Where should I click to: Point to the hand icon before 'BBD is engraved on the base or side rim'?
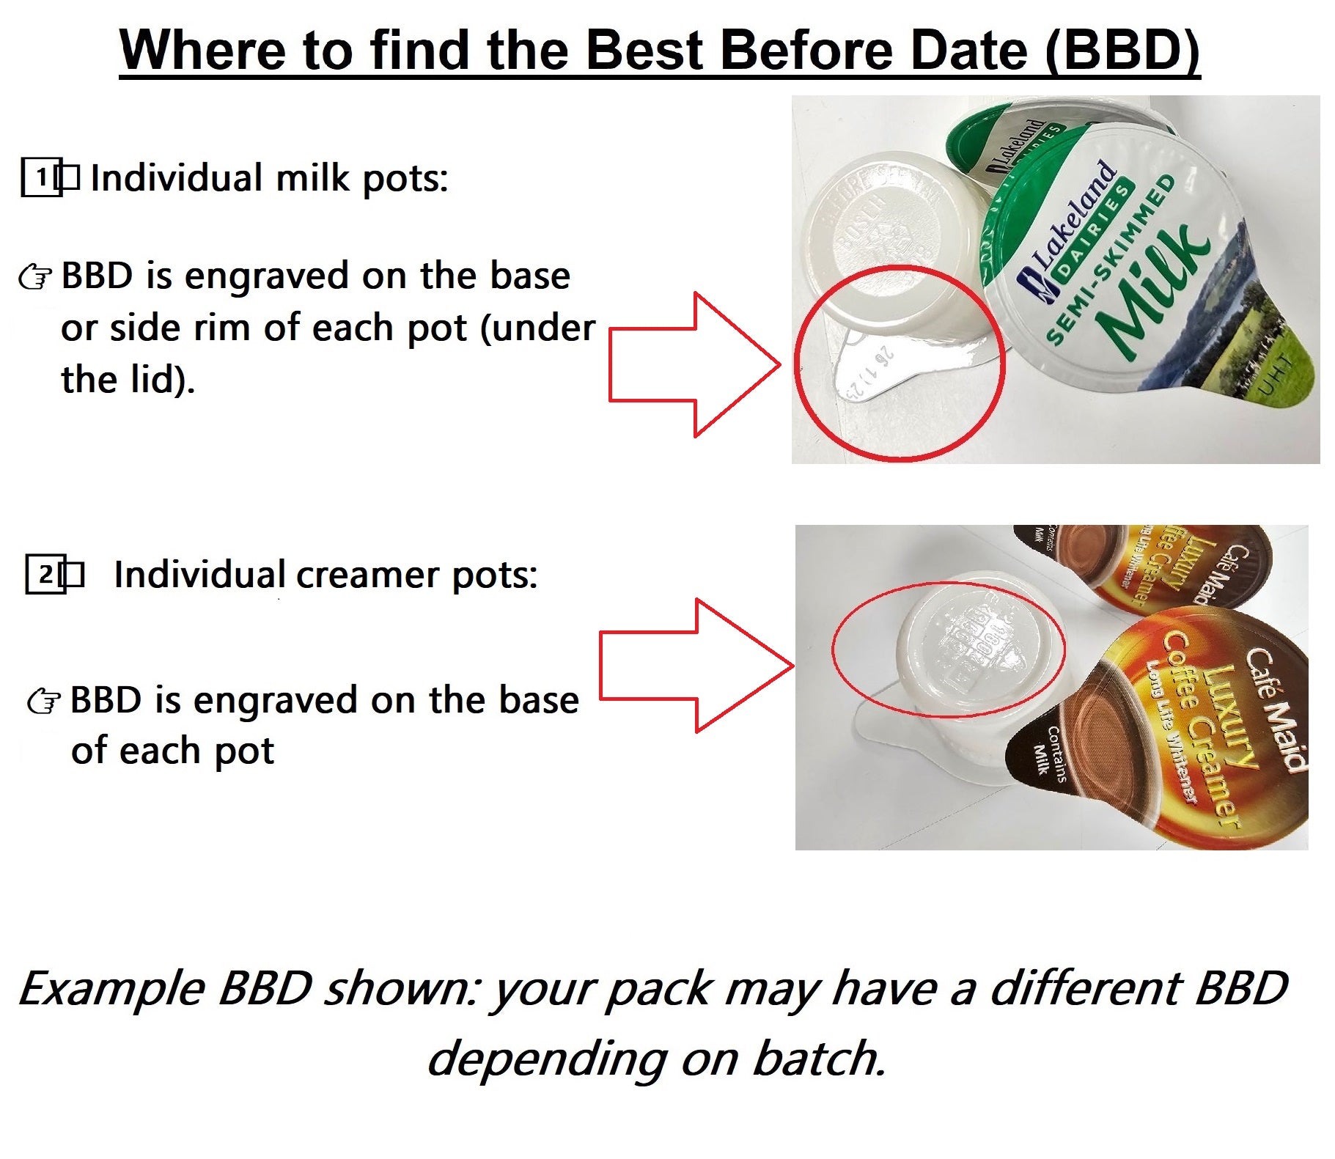point(34,278)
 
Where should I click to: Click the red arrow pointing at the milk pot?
point(693,364)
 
